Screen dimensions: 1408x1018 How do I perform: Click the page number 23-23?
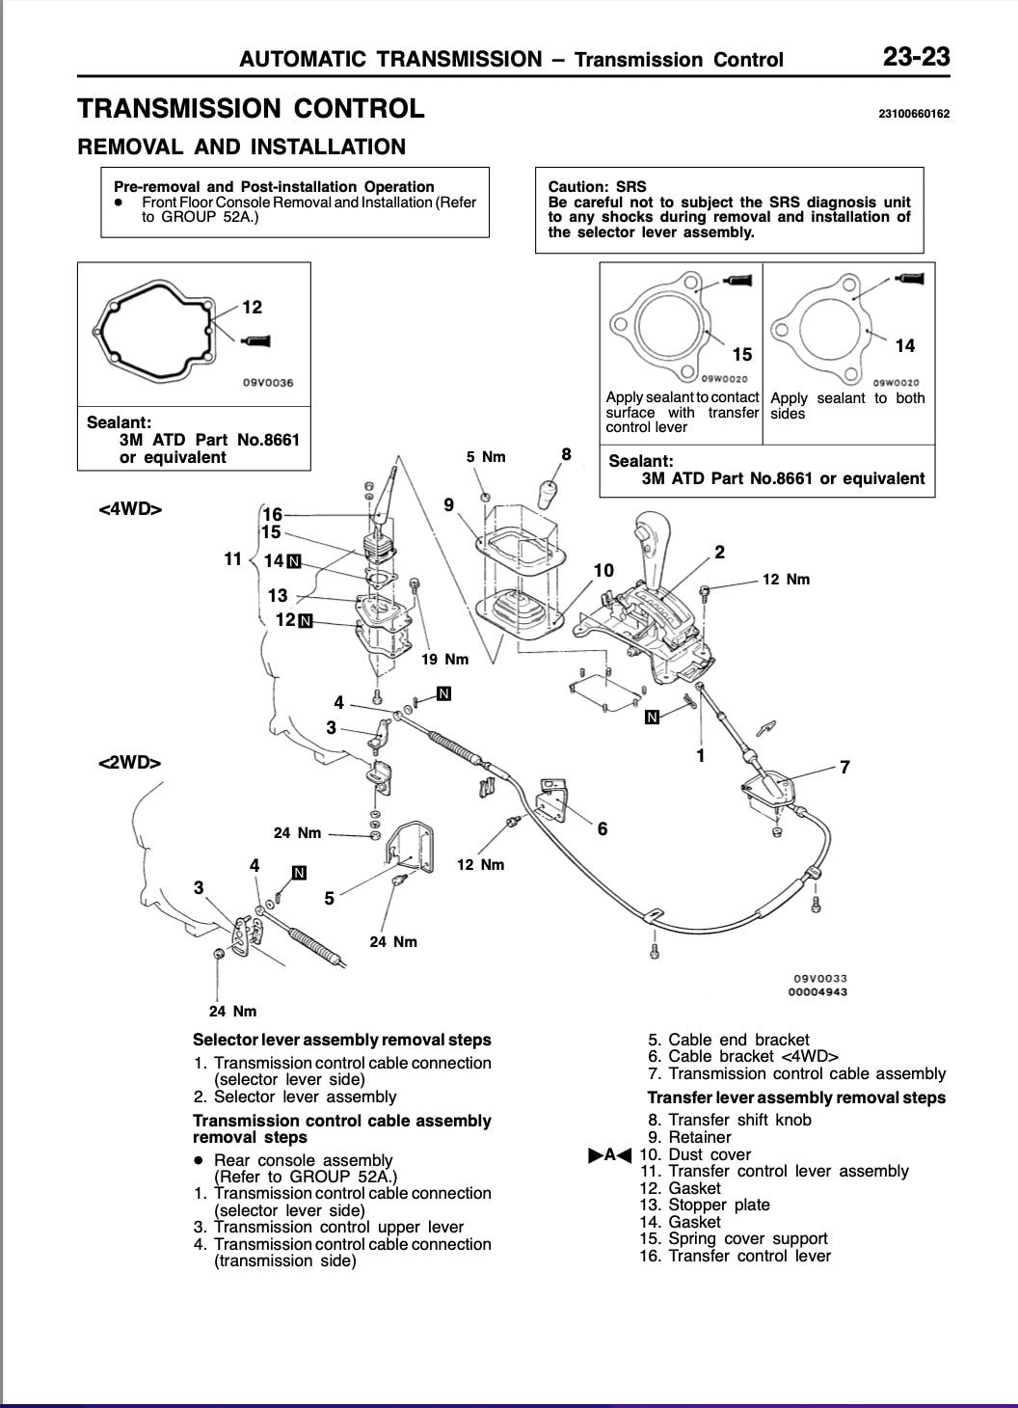[916, 58]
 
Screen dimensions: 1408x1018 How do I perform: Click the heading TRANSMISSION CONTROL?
[251, 109]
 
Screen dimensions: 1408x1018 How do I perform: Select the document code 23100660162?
[914, 114]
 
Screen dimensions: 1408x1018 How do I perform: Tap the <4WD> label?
[130, 508]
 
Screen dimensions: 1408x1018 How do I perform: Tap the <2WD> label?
[130, 762]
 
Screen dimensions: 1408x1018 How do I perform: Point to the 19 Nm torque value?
[445, 660]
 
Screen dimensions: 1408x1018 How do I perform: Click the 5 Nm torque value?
[486, 457]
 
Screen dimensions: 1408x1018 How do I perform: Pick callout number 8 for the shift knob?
[566, 454]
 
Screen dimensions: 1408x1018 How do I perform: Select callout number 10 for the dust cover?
[603, 570]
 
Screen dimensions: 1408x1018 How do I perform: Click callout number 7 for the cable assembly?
[844, 768]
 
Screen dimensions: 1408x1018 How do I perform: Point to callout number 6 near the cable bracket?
[603, 828]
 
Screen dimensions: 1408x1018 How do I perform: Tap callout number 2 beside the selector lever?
[719, 553]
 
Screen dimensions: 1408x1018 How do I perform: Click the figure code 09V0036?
[267, 383]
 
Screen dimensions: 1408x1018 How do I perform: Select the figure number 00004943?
[817, 991]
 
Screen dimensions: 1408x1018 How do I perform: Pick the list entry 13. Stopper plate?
[705, 1205]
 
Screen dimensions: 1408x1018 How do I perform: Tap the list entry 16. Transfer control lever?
[735, 1256]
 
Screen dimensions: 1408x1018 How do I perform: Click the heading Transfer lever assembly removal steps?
[796, 1097]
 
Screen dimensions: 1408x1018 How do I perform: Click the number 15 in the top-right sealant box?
[741, 355]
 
